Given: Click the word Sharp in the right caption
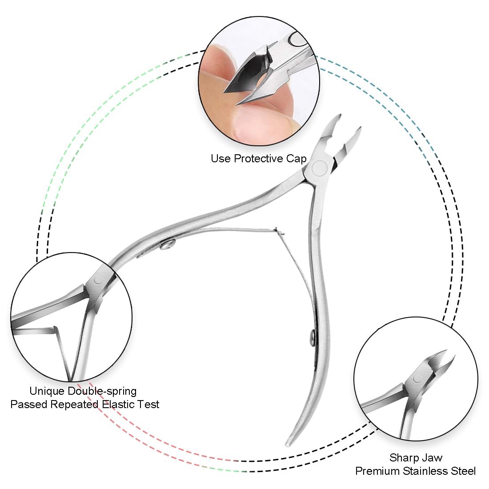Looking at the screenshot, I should (404, 457).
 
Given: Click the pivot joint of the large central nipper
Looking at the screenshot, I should (319, 168).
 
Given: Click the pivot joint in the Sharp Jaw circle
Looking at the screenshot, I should (417, 378).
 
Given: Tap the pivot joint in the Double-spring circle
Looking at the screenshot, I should (97, 279).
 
